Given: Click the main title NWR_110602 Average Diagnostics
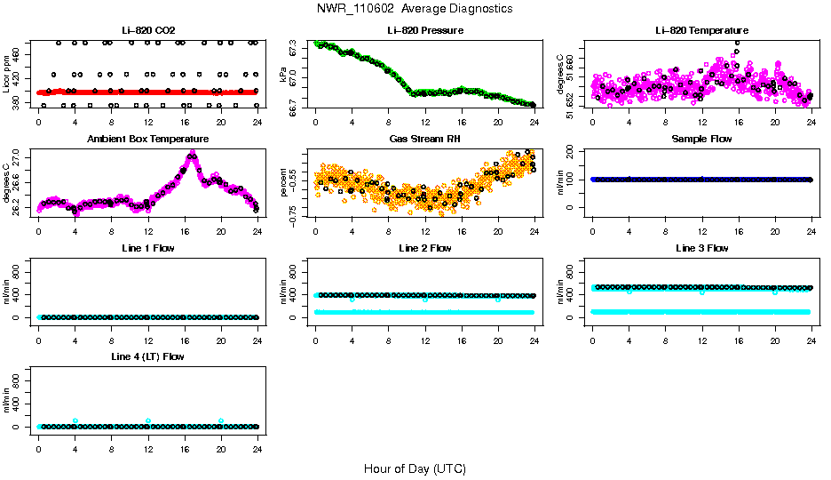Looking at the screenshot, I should (415, 9).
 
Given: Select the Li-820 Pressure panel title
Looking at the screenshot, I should (424, 30).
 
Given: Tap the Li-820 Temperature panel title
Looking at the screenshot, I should (700, 30).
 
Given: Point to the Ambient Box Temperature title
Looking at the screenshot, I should (147, 139).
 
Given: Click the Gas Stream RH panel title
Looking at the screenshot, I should (424, 139).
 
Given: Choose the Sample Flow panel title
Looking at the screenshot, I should (700, 139).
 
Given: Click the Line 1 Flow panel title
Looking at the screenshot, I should (147, 248).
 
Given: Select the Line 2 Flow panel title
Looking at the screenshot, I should (424, 248).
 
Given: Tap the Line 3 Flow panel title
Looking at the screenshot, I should (700, 248).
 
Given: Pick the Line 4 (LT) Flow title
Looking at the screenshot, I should (147, 356).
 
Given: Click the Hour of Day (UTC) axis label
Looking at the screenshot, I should (415, 468).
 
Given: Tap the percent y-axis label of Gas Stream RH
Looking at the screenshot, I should (283, 182).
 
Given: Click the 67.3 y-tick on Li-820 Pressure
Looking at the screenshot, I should (295, 52).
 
